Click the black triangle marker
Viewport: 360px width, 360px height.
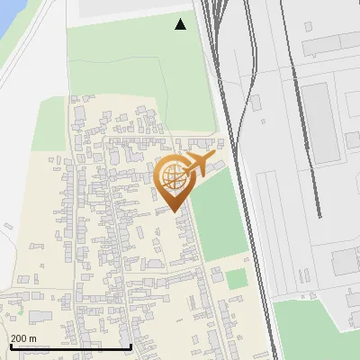[180, 24]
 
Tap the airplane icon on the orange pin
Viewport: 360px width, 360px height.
[201, 166]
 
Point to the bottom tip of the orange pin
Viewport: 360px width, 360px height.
[172, 212]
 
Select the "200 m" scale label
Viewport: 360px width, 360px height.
[23, 338]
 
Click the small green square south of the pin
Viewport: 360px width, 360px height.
[236, 279]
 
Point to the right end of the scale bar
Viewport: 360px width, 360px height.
[131, 346]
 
